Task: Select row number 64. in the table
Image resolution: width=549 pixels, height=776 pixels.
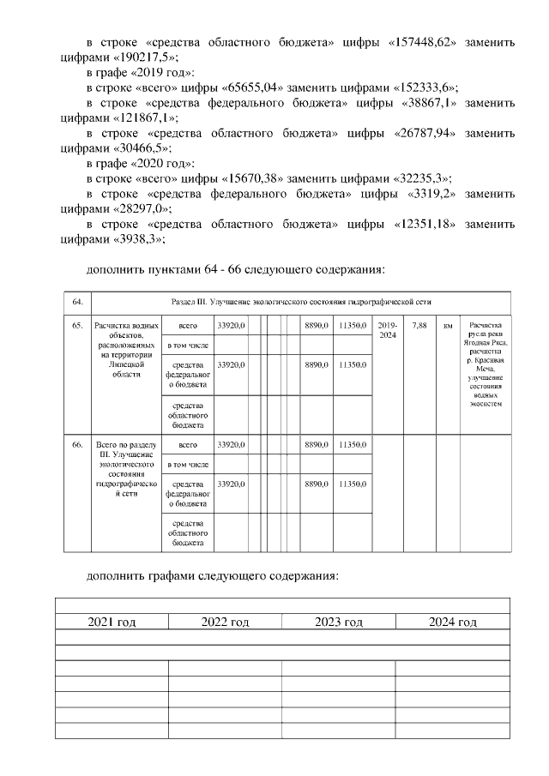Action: (77, 303)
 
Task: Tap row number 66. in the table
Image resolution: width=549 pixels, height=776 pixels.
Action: (77, 445)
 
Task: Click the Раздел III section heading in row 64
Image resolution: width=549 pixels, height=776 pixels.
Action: (300, 303)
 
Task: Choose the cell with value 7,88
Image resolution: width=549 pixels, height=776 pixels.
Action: (419, 326)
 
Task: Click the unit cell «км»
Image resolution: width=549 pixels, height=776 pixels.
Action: (447, 326)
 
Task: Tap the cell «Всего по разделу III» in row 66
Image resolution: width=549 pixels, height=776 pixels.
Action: (125, 469)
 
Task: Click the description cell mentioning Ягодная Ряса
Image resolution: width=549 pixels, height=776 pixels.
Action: (485, 364)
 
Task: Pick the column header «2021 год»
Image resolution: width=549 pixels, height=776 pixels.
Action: (112, 622)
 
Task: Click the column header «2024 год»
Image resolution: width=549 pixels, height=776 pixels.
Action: (452, 622)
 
